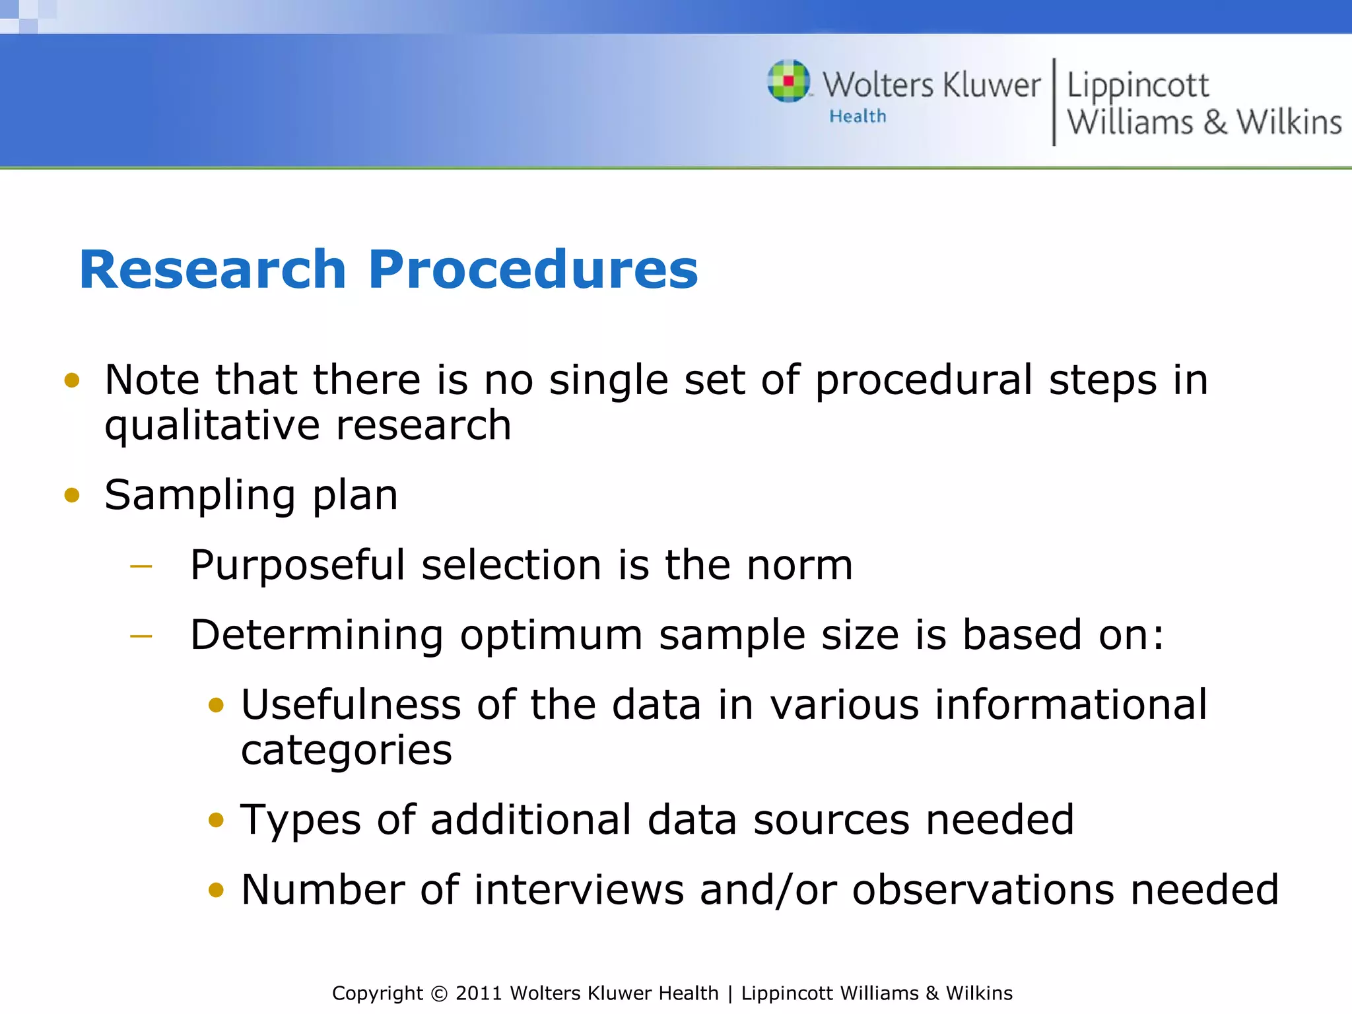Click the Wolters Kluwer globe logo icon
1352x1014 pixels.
(x=788, y=81)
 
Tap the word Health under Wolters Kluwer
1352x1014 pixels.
(x=858, y=116)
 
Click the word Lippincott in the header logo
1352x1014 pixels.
(x=1137, y=86)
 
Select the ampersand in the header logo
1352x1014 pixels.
(x=1215, y=123)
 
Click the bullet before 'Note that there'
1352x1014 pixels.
(x=72, y=380)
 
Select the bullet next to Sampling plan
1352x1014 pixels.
(x=72, y=495)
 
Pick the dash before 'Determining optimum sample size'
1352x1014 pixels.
(x=141, y=636)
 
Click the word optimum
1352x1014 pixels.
(x=551, y=635)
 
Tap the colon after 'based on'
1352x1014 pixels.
(x=1157, y=636)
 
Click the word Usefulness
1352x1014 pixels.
(x=351, y=704)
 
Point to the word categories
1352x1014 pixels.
(x=347, y=751)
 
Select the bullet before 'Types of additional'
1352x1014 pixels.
(x=216, y=821)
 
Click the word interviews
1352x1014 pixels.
(x=579, y=889)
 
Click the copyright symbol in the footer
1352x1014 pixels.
(x=438, y=994)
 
